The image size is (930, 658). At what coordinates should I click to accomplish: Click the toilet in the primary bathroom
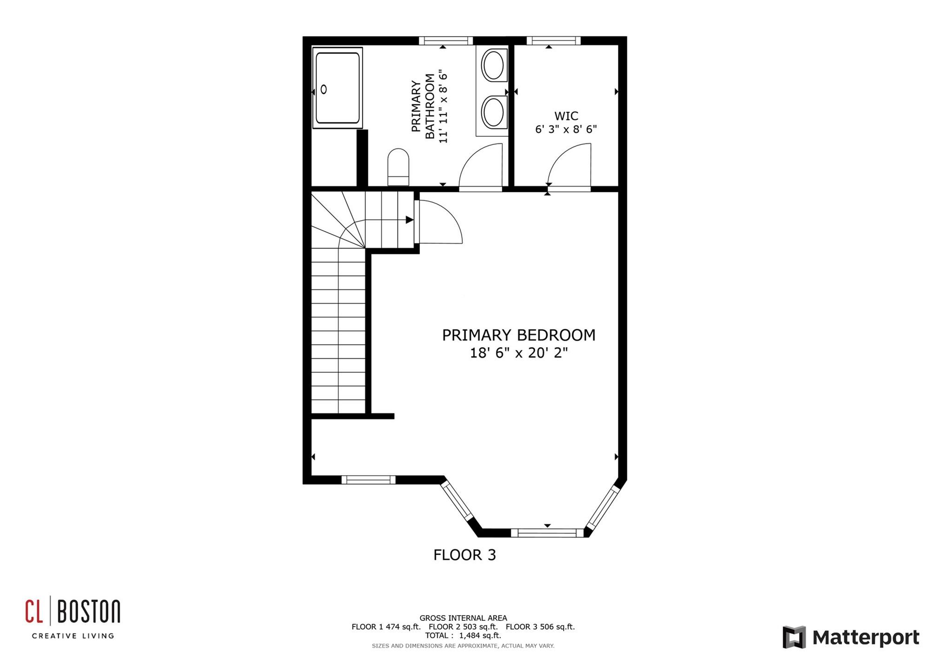pos(398,167)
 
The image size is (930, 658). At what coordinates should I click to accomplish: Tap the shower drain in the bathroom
pos(324,89)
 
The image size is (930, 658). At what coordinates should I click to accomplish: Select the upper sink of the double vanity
pos(492,65)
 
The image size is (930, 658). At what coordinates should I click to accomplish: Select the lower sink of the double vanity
pos(492,112)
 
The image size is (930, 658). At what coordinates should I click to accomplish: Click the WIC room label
pos(566,116)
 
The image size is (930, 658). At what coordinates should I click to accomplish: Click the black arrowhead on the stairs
pos(410,220)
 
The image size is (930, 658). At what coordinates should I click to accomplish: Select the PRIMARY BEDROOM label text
pos(518,335)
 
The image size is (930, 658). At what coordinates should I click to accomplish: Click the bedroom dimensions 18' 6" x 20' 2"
pos(519,353)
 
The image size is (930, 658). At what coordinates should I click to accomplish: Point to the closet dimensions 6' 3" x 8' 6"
pos(566,129)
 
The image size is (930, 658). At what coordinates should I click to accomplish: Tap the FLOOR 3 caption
pos(465,555)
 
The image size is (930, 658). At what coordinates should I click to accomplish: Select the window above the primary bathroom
pos(445,41)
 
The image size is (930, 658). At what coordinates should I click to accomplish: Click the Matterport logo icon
pos(794,637)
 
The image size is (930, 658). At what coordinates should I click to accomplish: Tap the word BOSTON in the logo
pos(89,611)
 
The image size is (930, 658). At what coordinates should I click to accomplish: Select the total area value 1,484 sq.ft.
pos(480,635)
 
